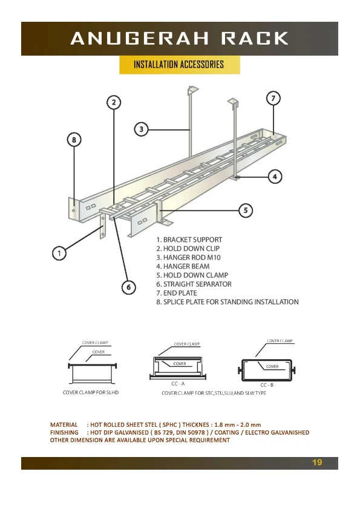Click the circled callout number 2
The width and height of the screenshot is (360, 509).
point(114,103)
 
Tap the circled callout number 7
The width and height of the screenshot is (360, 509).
point(273,98)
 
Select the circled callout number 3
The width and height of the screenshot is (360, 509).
point(142,129)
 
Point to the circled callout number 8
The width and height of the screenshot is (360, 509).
point(74,140)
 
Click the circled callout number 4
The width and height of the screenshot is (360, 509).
point(275,177)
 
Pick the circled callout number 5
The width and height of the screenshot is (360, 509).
point(246,210)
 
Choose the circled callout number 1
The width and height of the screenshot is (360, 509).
point(59,253)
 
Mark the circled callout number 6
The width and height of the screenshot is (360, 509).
point(129,287)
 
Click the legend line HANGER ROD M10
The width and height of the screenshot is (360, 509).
point(188,258)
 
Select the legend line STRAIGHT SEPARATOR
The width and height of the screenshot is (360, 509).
point(194,284)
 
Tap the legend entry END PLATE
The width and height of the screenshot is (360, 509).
point(177,293)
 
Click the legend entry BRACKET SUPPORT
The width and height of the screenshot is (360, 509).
point(189,239)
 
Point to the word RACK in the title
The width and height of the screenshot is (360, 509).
point(255,38)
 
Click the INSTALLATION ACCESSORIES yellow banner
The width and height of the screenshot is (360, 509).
point(179,65)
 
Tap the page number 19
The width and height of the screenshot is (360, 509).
point(317,462)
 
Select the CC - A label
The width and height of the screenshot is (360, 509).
point(178,384)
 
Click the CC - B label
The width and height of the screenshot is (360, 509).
point(267,385)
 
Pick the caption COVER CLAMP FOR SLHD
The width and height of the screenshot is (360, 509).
point(91,392)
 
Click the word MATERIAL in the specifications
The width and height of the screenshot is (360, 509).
point(64,424)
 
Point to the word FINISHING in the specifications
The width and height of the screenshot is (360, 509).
point(64,432)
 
